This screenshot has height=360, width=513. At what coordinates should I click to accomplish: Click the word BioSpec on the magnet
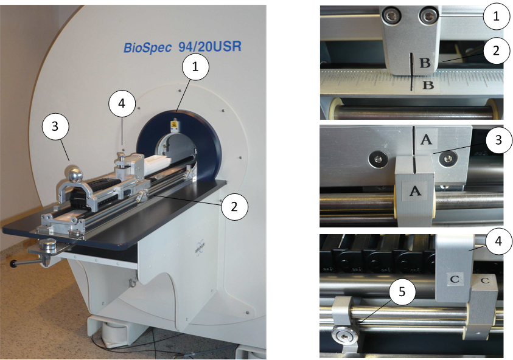coord(147,48)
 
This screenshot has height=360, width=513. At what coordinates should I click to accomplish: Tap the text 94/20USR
coord(210,46)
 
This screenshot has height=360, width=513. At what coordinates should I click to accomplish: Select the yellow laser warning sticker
coord(173,125)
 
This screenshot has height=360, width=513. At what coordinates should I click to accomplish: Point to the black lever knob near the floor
coord(13,263)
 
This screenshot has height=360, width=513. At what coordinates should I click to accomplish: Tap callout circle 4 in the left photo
coord(122,103)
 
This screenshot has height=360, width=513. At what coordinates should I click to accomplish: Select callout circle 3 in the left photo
coord(55,126)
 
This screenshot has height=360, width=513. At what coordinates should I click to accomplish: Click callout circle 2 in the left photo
coord(234,207)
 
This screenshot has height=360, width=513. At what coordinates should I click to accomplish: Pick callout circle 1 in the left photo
coord(195,67)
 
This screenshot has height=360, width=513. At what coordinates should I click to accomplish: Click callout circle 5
coord(402,291)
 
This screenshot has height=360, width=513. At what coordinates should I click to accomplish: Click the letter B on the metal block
coord(425,62)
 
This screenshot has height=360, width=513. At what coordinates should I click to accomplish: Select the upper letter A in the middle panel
coord(427,139)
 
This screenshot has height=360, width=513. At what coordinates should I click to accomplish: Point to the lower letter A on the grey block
coord(415,190)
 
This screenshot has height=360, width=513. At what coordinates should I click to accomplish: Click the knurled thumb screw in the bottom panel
coord(344,336)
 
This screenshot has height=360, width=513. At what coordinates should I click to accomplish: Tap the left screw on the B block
coord(390,15)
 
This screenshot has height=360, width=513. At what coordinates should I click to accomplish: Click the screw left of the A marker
coord(377,159)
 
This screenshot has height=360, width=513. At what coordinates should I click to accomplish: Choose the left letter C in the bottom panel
coord(455,279)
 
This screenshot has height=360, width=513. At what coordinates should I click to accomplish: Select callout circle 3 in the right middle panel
coord(498,140)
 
